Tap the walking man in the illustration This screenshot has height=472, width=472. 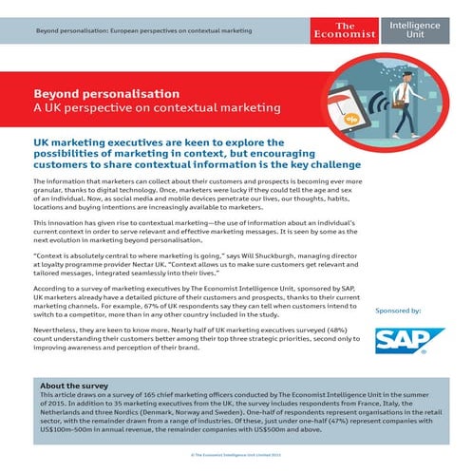point(406,104)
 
